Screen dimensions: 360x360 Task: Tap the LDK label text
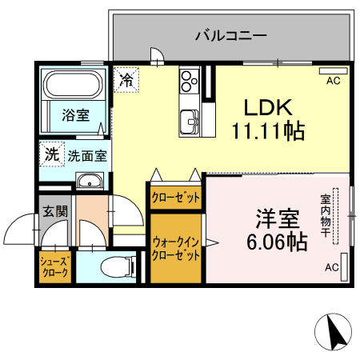click(268, 107)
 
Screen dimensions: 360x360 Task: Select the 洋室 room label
click(278, 218)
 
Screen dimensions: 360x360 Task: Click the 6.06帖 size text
click(278, 240)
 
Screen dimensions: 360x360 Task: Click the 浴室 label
click(76, 115)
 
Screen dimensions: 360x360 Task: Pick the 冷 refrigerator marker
click(126, 79)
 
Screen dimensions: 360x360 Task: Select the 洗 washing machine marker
click(52, 154)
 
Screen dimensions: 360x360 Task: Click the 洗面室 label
click(86, 155)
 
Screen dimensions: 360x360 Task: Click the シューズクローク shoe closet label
click(54, 266)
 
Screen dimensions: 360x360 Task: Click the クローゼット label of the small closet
click(175, 197)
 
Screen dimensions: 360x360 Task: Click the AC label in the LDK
click(334, 81)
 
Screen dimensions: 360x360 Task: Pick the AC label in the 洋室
click(331, 268)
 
